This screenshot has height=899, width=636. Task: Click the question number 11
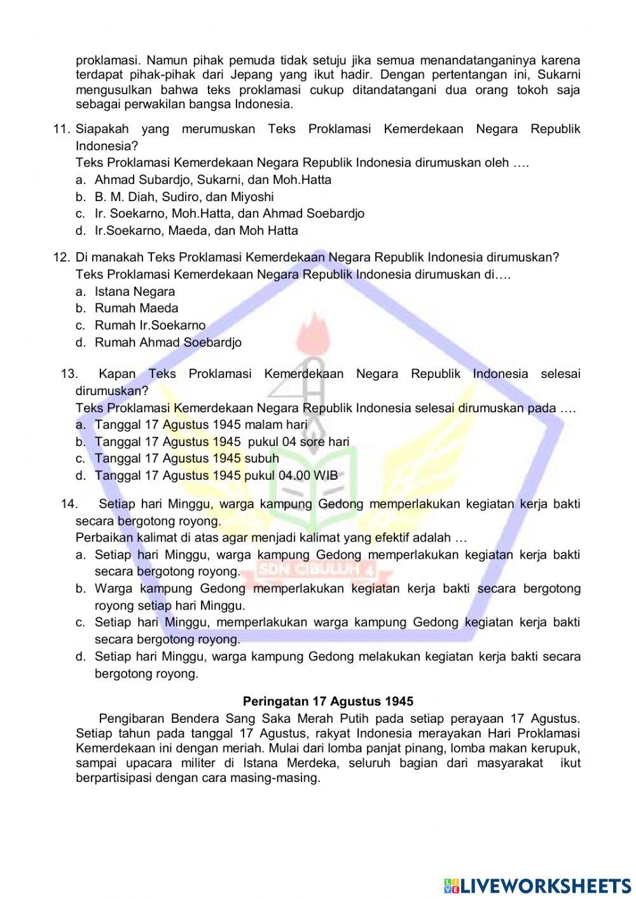pyautogui.click(x=61, y=129)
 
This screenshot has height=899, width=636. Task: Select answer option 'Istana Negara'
pyautogui.click(x=134, y=291)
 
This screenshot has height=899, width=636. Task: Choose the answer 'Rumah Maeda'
pyautogui.click(x=136, y=308)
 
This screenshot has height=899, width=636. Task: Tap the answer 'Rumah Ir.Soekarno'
pyautogui.click(x=150, y=325)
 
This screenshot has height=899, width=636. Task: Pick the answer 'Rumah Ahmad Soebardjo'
pyautogui.click(x=168, y=342)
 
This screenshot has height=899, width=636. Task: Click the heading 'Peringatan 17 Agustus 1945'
pyautogui.click(x=328, y=701)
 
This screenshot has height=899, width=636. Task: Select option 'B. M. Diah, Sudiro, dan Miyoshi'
pyautogui.click(x=184, y=197)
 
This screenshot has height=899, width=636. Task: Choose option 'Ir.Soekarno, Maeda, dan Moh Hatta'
pyautogui.click(x=196, y=230)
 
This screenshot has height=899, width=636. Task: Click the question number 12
pyautogui.click(x=61, y=258)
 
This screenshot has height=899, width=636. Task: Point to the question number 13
pyautogui.click(x=69, y=374)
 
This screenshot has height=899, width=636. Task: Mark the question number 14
pyautogui.click(x=69, y=504)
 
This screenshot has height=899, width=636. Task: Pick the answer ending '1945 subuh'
pyautogui.click(x=186, y=458)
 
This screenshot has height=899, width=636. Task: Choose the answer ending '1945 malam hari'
pyautogui.click(x=200, y=424)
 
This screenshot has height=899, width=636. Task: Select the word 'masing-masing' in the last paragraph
pyautogui.click(x=280, y=777)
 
